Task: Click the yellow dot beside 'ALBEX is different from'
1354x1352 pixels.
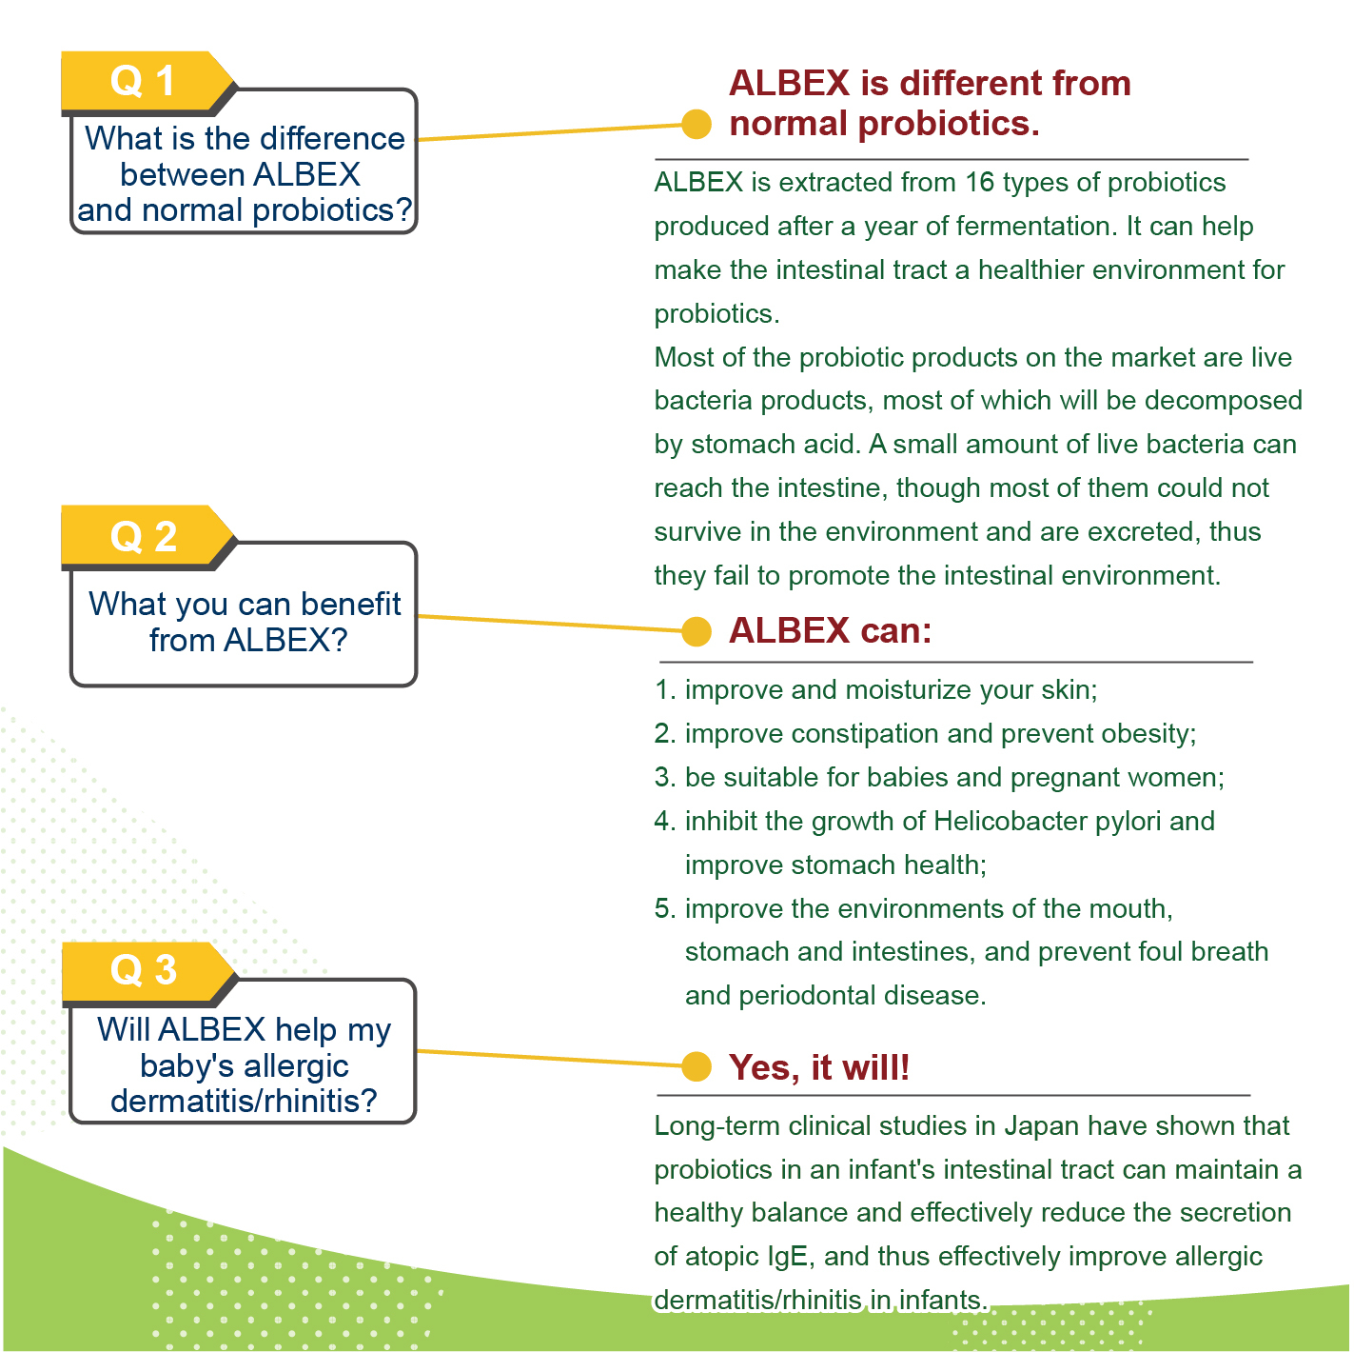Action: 697,125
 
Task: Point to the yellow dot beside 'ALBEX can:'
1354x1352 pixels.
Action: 697,631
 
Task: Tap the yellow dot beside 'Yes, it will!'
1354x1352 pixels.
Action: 697,1066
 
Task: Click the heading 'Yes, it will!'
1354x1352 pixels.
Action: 819,1068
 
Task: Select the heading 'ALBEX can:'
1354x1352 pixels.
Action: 831,631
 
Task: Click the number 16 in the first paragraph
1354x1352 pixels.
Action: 980,183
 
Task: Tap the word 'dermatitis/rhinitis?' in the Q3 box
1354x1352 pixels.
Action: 244,1102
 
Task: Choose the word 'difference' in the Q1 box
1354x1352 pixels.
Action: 332,139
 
